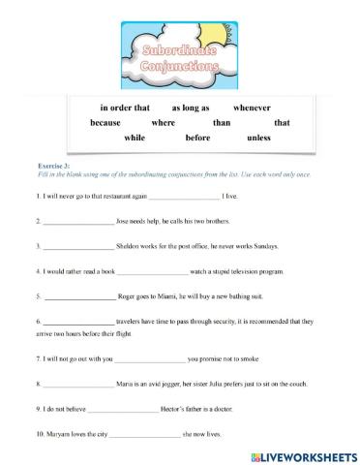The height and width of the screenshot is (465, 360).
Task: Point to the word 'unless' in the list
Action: click(x=259, y=139)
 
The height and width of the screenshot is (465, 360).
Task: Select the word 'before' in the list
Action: click(x=197, y=139)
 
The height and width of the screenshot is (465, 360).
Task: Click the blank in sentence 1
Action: click(x=183, y=197)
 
